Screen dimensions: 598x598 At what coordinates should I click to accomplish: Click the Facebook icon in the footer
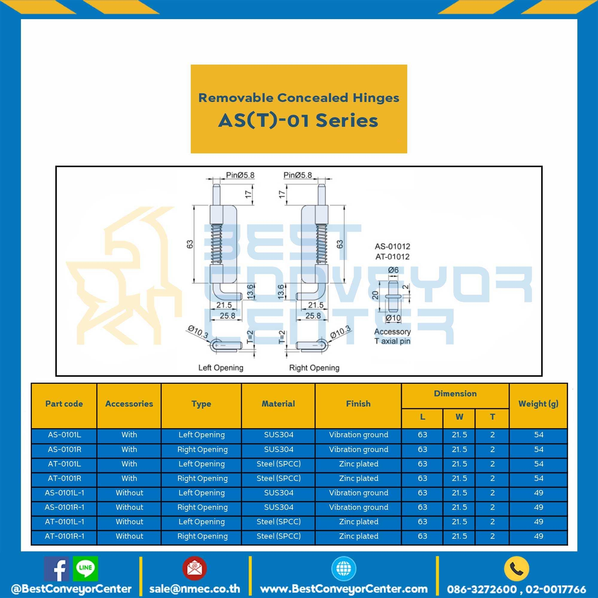click(x=56, y=569)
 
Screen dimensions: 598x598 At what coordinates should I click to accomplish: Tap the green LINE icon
click(x=86, y=569)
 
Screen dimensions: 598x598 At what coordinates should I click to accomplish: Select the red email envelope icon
click(x=194, y=569)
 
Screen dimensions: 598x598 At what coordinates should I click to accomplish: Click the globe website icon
click(x=344, y=569)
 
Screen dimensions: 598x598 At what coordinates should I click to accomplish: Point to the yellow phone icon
click(x=517, y=569)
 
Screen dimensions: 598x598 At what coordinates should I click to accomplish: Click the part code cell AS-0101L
click(x=64, y=434)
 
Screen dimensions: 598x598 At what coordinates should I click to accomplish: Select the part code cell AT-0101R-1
click(x=64, y=536)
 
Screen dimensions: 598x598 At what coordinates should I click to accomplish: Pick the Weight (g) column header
click(x=538, y=404)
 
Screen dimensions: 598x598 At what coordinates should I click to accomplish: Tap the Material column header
click(x=278, y=404)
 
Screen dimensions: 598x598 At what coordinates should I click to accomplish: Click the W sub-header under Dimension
click(x=459, y=417)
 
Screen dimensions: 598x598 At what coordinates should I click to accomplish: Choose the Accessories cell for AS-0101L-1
click(x=129, y=493)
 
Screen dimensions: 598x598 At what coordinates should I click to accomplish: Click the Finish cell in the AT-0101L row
click(x=359, y=464)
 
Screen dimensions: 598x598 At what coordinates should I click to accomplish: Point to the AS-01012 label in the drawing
click(x=393, y=246)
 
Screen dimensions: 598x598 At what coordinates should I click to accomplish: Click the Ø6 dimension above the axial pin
click(x=393, y=270)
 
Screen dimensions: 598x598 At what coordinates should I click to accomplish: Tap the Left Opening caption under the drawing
click(x=221, y=368)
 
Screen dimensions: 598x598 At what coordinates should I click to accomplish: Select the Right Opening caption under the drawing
click(x=314, y=368)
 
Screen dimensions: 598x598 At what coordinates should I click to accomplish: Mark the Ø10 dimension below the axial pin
click(x=393, y=318)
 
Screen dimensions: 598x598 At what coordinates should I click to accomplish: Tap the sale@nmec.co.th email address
click(x=195, y=588)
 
